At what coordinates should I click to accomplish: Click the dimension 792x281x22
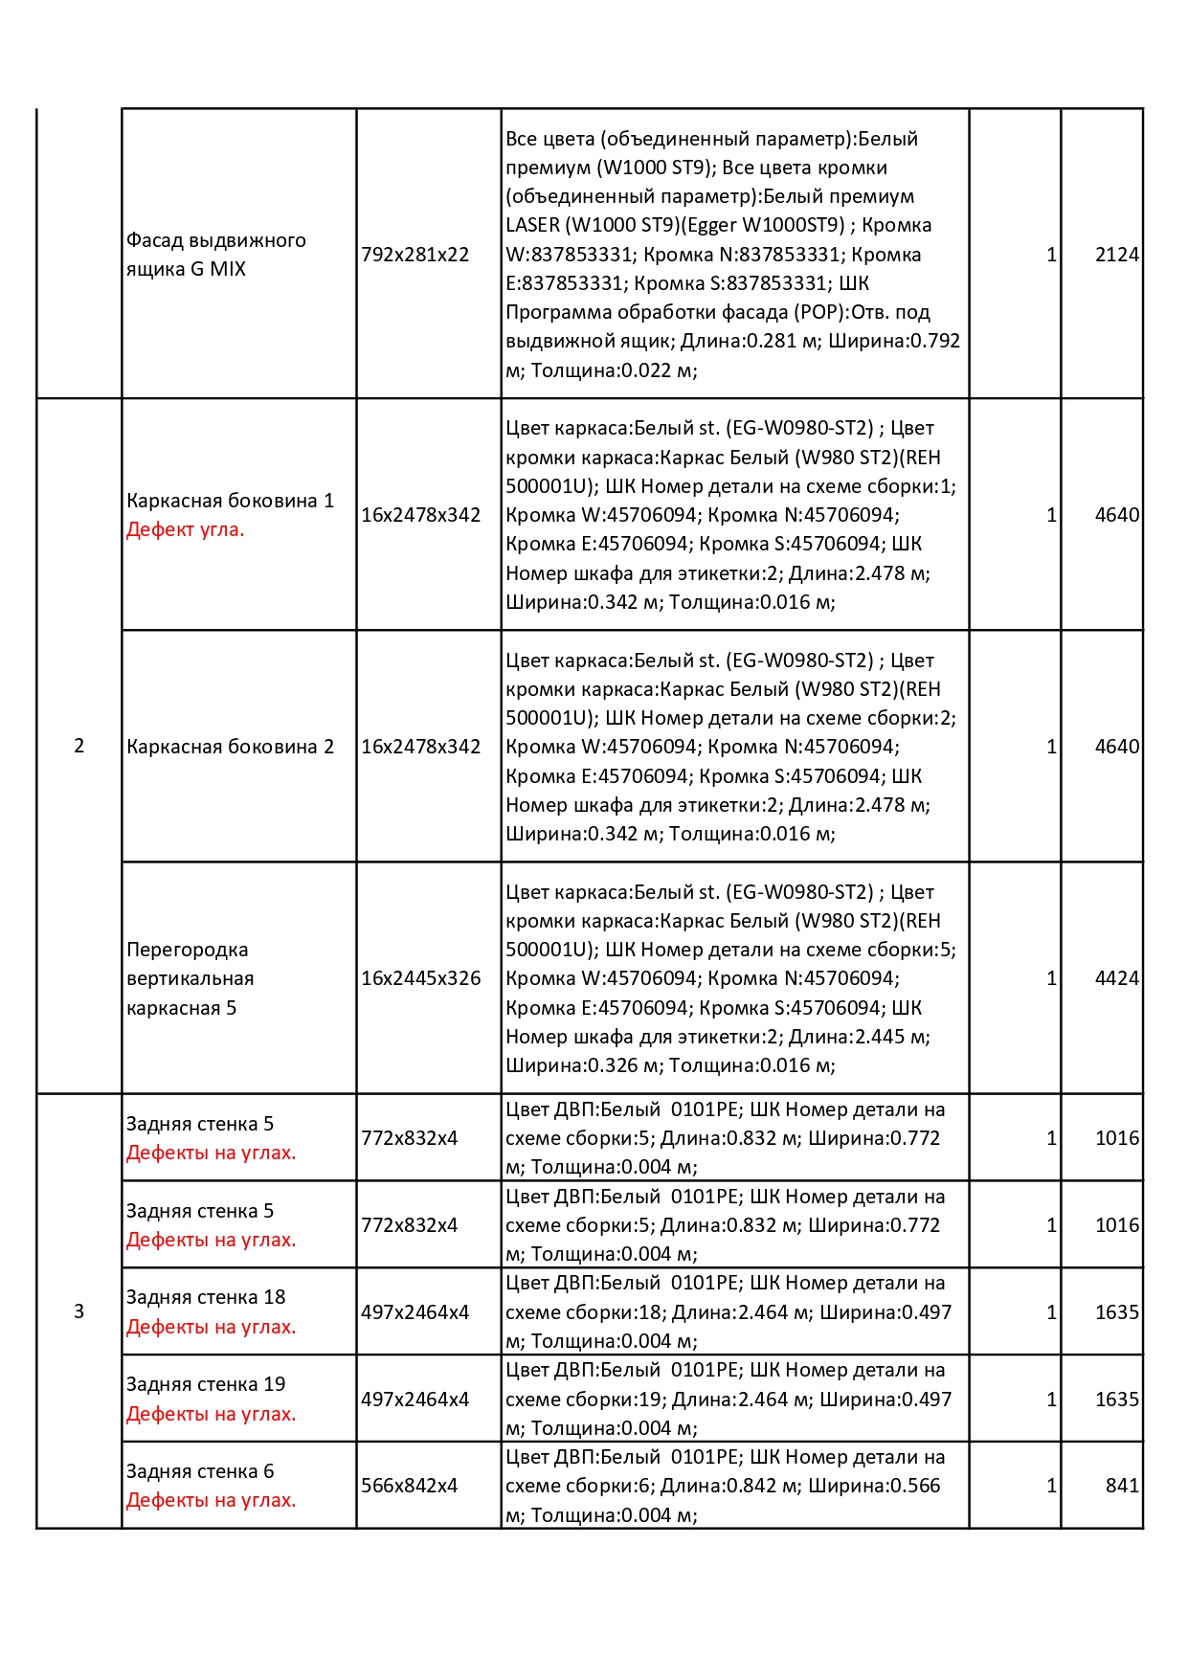(415, 255)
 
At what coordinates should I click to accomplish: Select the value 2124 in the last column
(1116, 255)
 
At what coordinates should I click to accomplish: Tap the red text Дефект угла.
(186, 529)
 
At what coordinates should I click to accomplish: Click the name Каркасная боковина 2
(231, 747)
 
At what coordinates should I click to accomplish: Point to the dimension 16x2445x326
(420, 978)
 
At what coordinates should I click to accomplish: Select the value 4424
(1116, 978)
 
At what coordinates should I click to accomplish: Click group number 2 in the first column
(78, 746)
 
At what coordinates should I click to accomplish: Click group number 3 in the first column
(78, 1311)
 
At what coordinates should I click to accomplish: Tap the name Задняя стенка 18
(206, 1297)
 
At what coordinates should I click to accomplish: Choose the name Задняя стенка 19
(206, 1384)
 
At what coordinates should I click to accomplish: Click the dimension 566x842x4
(409, 1486)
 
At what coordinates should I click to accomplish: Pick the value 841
(1122, 1486)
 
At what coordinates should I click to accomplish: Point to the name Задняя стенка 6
(200, 1471)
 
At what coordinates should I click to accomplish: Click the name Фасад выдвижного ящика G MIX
(216, 255)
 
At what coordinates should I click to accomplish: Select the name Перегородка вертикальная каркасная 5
(190, 978)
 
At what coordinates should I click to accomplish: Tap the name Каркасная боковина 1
(231, 501)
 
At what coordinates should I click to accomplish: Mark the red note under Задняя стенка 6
(212, 1500)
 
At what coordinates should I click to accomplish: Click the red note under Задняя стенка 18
(212, 1327)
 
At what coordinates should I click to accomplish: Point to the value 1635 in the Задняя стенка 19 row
(1116, 1400)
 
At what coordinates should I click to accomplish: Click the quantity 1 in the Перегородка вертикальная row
(1051, 978)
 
